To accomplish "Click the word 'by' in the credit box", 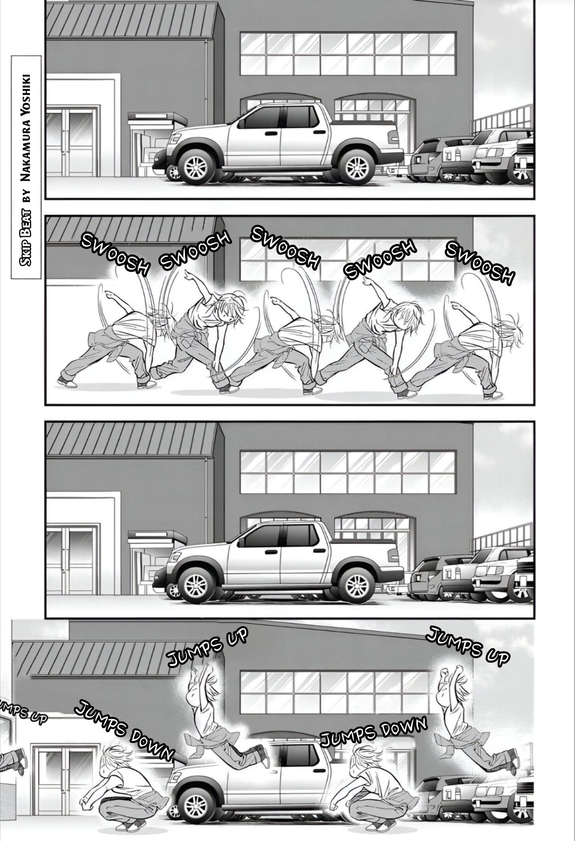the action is click(x=26, y=198).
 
